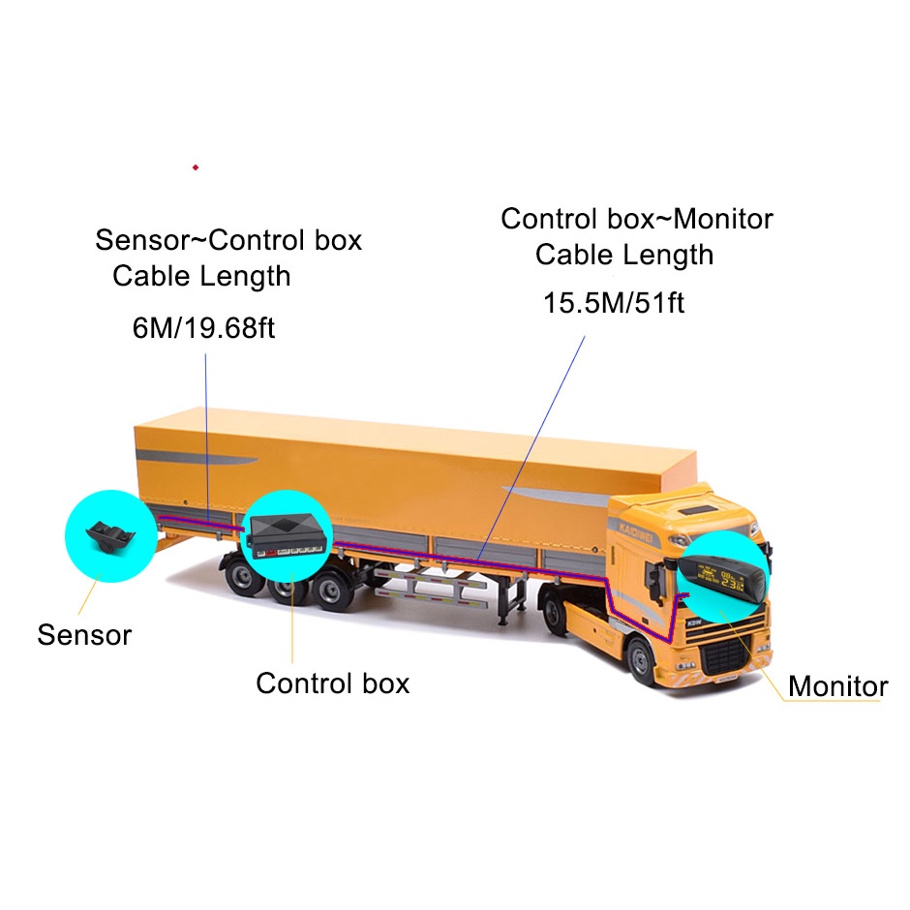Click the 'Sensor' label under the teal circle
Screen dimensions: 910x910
(x=85, y=635)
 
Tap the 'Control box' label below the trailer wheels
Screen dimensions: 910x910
(x=333, y=683)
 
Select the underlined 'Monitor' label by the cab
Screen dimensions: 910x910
(x=837, y=686)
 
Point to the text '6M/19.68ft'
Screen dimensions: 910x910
(x=203, y=328)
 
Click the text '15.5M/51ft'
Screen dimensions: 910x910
(x=614, y=303)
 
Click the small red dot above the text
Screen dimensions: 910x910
(x=196, y=167)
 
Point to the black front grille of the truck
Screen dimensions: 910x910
(x=725, y=652)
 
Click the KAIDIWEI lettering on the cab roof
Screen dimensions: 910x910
(x=635, y=531)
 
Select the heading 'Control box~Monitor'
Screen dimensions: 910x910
(x=637, y=220)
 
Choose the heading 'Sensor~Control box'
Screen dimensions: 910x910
(x=228, y=240)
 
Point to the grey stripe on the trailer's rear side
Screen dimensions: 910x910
(x=197, y=458)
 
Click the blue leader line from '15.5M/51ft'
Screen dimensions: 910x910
(x=531, y=447)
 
